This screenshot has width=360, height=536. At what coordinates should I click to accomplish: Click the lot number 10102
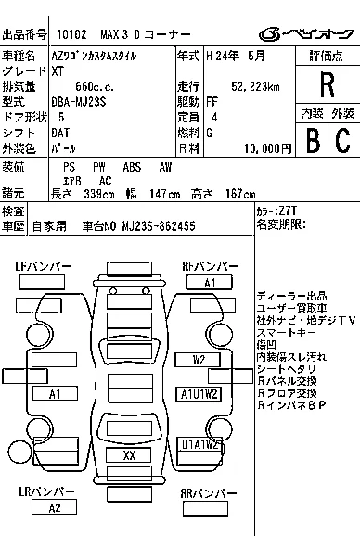coord(71,34)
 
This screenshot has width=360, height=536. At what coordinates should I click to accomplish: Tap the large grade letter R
coord(328,84)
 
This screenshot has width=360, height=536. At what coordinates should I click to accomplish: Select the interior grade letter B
coord(313,140)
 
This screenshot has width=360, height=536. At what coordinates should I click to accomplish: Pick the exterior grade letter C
coord(343,140)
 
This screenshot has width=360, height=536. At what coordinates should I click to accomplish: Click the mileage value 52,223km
coord(255,86)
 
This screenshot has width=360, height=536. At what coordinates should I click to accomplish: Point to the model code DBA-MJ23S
coord(79,102)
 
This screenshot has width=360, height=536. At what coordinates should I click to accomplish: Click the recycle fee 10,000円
coord(268,148)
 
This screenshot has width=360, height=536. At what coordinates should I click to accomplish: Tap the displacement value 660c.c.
coord(95,86)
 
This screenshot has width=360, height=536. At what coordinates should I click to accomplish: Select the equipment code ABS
coord(132,167)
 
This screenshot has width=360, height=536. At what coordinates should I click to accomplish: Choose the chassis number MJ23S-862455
coord(159,226)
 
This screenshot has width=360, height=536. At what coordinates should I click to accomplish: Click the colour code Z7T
coord(288,211)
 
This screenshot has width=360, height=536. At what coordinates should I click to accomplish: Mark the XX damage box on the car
coord(129,455)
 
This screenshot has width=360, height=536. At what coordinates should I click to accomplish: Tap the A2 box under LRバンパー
coord(54,507)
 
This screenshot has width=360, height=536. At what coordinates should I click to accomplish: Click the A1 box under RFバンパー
coord(210,283)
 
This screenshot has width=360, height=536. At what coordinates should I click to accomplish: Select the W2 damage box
coord(198,360)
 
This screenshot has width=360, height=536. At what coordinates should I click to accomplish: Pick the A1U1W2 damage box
coord(199,394)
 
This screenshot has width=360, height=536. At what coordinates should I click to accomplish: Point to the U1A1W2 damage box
coord(200,444)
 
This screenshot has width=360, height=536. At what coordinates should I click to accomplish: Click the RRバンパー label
coord(208,493)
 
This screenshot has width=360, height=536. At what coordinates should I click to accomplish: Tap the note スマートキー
coord(286,332)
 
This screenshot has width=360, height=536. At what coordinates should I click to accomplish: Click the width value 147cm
coord(164,194)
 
